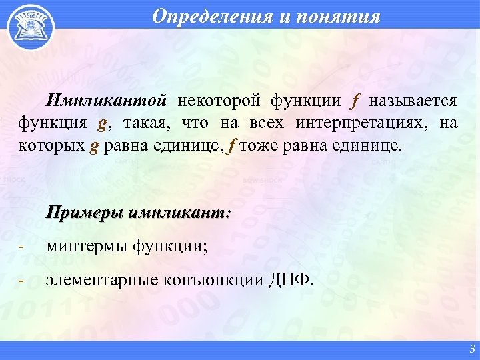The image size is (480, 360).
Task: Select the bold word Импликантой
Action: [105, 101]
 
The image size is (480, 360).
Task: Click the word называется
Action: [413, 101]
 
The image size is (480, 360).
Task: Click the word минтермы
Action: [88, 247]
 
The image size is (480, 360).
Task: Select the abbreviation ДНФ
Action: [290, 280]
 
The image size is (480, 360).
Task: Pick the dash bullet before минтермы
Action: [22, 248]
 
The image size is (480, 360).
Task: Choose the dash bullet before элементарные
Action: [22, 281]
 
